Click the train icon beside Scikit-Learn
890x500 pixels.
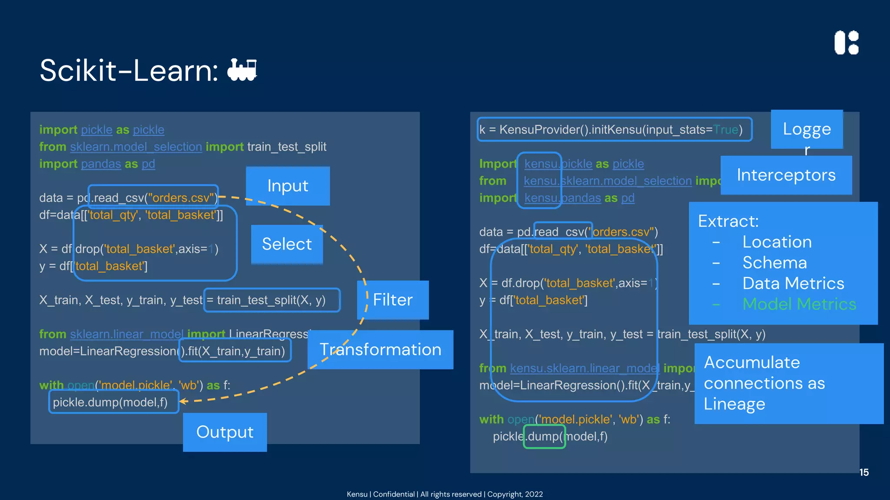click(x=242, y=70)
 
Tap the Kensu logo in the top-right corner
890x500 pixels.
click(x=847, y=43)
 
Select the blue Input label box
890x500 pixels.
click(x=288, y=186)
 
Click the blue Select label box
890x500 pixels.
click(x=287, y=244)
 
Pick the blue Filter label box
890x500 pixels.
click(x=393, y=300)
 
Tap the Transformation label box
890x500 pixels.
click(x=380, y=349)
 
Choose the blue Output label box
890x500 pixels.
click(x=225, y=432)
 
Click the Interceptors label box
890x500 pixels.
click(x=786, y=175)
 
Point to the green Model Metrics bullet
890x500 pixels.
click(x=799, y=304)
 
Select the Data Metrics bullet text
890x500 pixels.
click(x=793, y=283)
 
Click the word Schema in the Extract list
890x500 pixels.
click(x=774, y=263)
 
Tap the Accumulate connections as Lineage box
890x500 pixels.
click(x=788, y=383)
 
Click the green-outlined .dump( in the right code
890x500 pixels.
click(x=544, y=436)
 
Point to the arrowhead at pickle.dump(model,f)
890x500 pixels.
click(x=183, y=401)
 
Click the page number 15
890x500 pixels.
click(x=863, y=472)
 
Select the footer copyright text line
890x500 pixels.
click(x=445, y=494)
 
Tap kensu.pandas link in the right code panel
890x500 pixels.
click(x=562, y=198)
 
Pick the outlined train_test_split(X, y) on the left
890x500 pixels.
click(x=271, y=300)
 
